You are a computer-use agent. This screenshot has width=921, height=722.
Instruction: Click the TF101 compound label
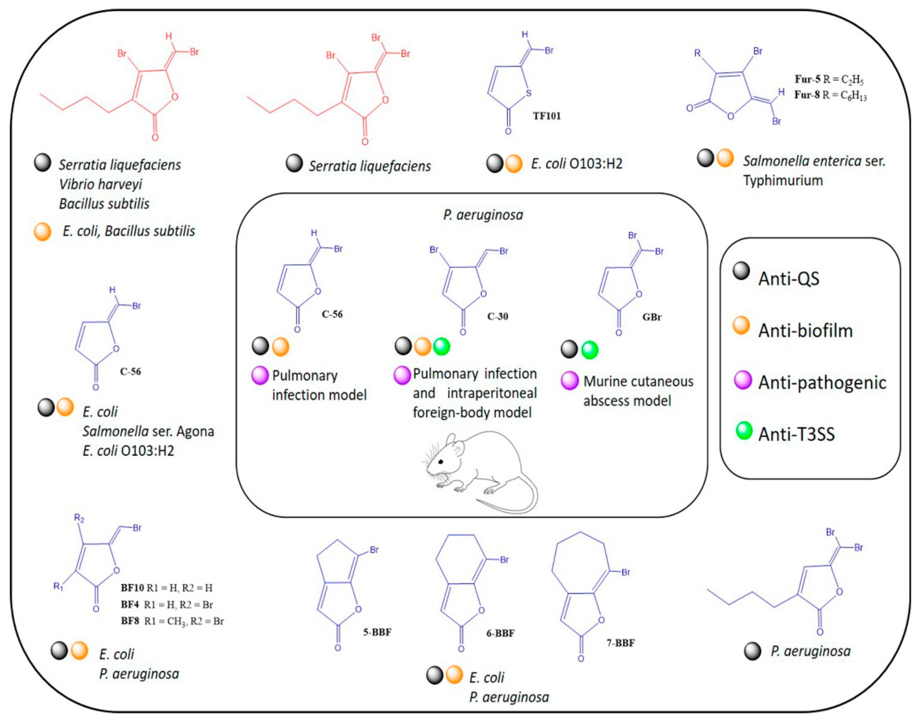point(547,116)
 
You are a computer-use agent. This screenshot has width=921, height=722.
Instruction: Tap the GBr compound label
point(652,317)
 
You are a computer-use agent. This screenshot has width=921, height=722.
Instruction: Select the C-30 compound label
point(497,316)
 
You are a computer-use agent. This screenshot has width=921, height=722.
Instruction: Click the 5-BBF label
point(377,632)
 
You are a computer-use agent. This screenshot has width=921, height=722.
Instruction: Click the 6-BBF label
point(500,633)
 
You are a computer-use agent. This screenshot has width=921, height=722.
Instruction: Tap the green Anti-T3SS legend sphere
point(744,431)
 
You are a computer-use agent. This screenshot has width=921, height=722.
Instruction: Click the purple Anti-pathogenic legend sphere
point(743,380)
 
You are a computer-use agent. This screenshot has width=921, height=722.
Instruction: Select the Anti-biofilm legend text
point(805,330)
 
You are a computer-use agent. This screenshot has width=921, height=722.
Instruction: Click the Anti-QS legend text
point(789,279)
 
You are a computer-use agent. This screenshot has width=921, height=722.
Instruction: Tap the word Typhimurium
point(783,180)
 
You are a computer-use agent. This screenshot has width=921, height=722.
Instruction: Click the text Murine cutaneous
point(638,381)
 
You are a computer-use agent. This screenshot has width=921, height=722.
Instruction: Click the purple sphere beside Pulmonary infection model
point(260,375)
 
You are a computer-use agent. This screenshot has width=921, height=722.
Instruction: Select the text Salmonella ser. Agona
point(148,431)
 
